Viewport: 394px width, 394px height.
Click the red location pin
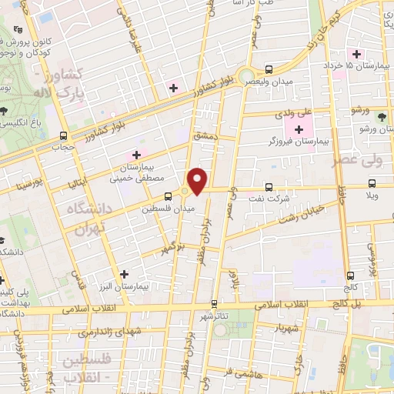pyautogui.click(x=199, y=182)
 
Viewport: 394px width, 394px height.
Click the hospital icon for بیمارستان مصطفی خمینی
pyautogui.click(x=137, y=155)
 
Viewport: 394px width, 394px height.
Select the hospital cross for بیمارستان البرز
pyautogui.click(x=124, y=273)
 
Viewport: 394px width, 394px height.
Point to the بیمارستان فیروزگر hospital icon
pyautogui.click(x=299, y=129)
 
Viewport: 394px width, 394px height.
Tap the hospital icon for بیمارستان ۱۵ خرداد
pyautogui.click(x=356, y=54)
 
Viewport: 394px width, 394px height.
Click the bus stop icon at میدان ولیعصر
pyautogui.click(x=269, y=68)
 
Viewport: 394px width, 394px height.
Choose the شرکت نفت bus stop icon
pyautogui.click(x=269, y=186)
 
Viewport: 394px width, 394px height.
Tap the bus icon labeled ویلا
pyautogui.click(x=372, y=183)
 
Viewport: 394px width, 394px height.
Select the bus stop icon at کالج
pyautogui.click(x=351, y=274)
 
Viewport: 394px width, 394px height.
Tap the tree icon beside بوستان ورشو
pyautogui.click(x=382, y=116)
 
